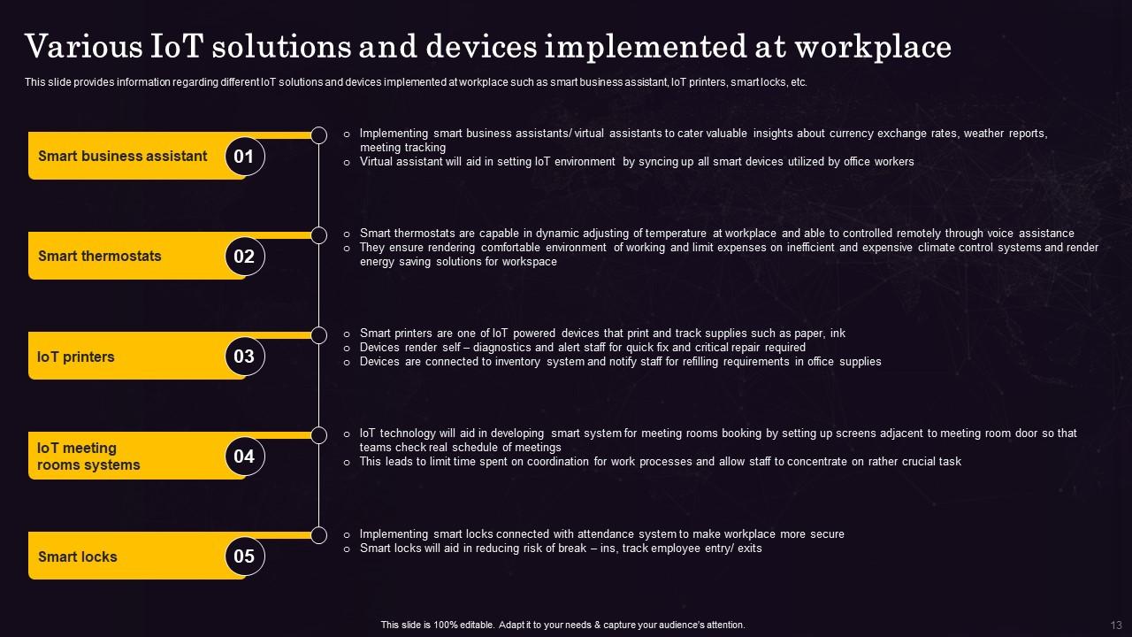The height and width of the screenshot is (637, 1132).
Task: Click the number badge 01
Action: coord(244,157)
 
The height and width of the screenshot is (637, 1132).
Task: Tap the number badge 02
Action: coord(244,257)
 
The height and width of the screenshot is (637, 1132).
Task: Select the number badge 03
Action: coord(244,357)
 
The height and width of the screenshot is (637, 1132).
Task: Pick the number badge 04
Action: coord(244,457)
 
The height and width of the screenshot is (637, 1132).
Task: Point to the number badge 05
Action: coord(244,556)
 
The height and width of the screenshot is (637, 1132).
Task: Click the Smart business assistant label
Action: coord(122,157)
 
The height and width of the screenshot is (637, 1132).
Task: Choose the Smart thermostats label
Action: coord(99,257)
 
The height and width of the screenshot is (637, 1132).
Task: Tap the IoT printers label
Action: coord(76,357)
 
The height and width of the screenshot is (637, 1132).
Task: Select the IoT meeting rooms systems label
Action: coord(88,457)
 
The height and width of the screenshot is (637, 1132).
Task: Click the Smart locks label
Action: coord(78,557)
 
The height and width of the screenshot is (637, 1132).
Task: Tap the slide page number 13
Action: coord(1115,625)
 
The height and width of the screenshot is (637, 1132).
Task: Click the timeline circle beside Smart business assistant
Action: coord(319,134)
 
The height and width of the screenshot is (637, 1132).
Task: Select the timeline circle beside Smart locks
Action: coord(319,534)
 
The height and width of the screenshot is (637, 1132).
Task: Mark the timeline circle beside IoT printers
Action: coord(319,334)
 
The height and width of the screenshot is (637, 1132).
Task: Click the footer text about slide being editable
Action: coord(562,625)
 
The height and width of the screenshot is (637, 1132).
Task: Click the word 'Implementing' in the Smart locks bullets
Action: coord(394,534)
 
